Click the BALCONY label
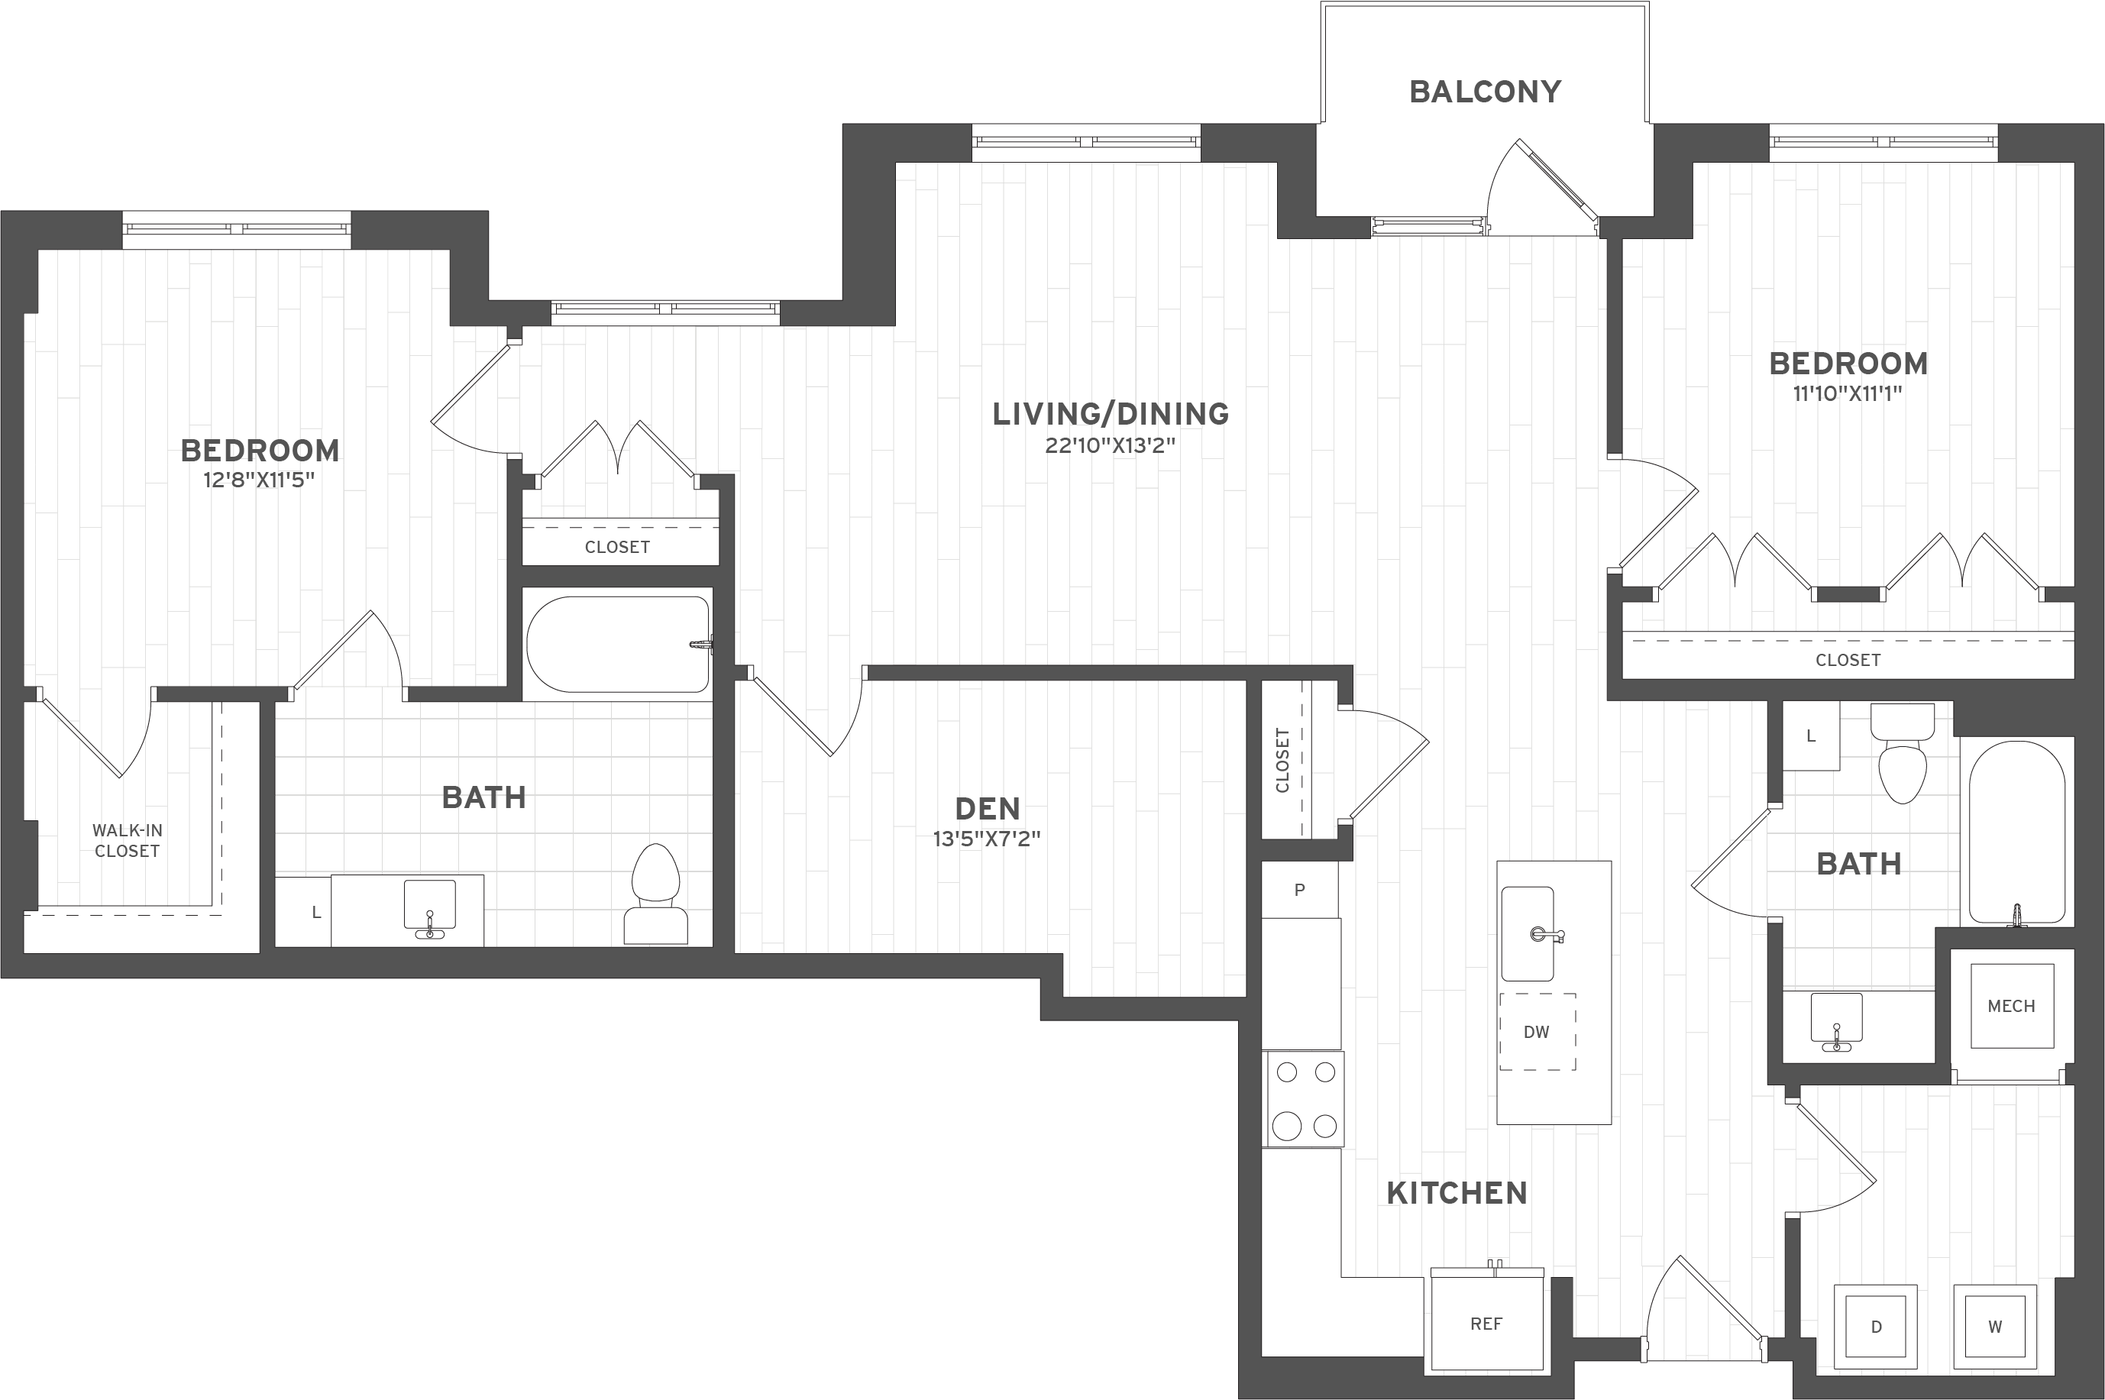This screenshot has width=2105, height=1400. pyautogui.click(x=1485, y=92)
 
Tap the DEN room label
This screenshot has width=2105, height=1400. pyautogui.click(x=988, y=809)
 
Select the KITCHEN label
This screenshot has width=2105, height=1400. pyautogui.click(x=1457, y=1193)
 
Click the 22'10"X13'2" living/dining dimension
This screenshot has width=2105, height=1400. pyautogui.click(x=1110, y=445)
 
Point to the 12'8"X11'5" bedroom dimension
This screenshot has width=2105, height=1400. pyautogui.click(x=259, y=481)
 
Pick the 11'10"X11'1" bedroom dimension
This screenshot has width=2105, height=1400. pyautogui.click(x=1848, y=394)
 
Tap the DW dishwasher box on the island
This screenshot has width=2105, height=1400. pyautogui.click(x=1536, y=1031)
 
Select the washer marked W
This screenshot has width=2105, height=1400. pyautogui.click(x=1994, y=1326)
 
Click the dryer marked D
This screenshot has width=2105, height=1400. pyautogui.click(x=1876, y=1326)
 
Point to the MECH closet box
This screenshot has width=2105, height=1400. pyautogui.click(x=2011, y=1006)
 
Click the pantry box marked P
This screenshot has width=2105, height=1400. pyautogui.click(x=1300, y=889)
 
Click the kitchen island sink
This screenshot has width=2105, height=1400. pyautogui.click(x=1528, y=933)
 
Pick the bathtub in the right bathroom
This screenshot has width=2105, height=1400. pyautogui.click(x=2016, y=833)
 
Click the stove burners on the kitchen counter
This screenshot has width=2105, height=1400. pyautogui.click(x=1305, y=1099)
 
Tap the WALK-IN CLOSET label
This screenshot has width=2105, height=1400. pyautogui.click(x=128, y=841)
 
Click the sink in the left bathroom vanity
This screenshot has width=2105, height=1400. pyautogui.click(x=429, y=905)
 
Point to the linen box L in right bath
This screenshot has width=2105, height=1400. pyautogui.click(x=1810, y=736)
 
